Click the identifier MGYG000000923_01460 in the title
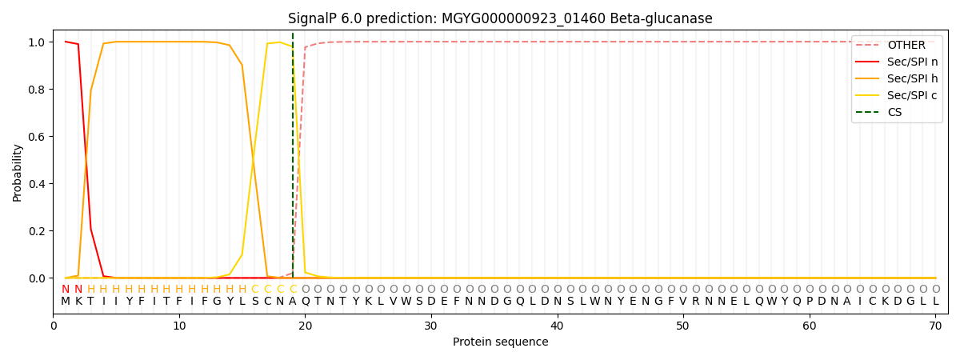[x=523, y=19]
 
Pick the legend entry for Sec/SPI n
[x=897, y=62]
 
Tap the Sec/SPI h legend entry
[x=897, y=78]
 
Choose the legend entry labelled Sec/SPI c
[x=896, y=95]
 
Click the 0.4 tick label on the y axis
[x=38, y=184]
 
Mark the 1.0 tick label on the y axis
[x=38, y=42]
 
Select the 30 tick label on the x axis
[x=431, y=326]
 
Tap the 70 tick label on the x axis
[x=935, y=326]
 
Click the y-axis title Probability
[x=17, y=173]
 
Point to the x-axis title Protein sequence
[x=501, y=342]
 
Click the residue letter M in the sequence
[x=66, y=302]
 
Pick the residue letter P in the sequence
[x=810, y=302]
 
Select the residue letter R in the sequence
[x=696, y=302]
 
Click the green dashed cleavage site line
[x=293, y=155]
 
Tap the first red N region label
[x=66, y=290]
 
